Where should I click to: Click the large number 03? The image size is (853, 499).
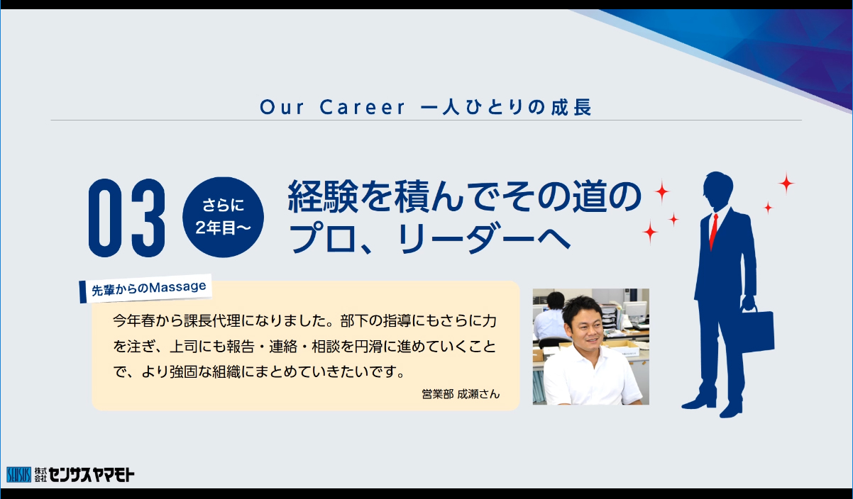(127, 218)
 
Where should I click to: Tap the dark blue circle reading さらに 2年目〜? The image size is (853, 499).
(223, 217)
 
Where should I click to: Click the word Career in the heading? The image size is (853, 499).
(363, 107)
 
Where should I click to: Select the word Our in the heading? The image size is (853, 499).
(282, 107)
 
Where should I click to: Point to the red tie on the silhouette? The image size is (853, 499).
(713, 231)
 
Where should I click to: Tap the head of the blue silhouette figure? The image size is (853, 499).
(718, 189)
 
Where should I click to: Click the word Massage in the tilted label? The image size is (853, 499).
(177, 287)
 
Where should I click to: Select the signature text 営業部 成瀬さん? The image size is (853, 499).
(461, 394)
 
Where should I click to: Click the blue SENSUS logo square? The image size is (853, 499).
(18, 475)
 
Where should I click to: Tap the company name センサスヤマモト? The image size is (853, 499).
(92, 475)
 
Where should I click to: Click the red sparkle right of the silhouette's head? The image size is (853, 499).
(786, 184)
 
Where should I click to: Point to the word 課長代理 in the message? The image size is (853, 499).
(211, 321)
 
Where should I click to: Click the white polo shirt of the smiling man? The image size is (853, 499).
(592, 376)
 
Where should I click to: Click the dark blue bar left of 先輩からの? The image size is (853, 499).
(82, 292)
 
